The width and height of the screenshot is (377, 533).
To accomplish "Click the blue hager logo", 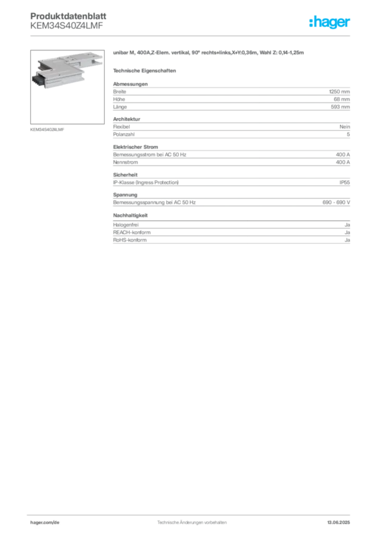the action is tap(331, 22).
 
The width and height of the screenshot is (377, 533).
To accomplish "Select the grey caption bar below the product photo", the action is tap(47, 129).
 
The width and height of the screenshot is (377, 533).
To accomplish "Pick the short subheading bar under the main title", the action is tap(146, 70).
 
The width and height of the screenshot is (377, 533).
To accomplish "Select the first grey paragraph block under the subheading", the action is tap(231, 96).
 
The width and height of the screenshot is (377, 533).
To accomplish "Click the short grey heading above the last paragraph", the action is tap(131, 215).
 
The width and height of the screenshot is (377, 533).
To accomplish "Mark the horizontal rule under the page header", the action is tap(192, 35).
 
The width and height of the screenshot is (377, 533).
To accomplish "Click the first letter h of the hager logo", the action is tap(312, 22).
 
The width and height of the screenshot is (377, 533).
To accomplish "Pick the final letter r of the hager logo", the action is tap(350, 23).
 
